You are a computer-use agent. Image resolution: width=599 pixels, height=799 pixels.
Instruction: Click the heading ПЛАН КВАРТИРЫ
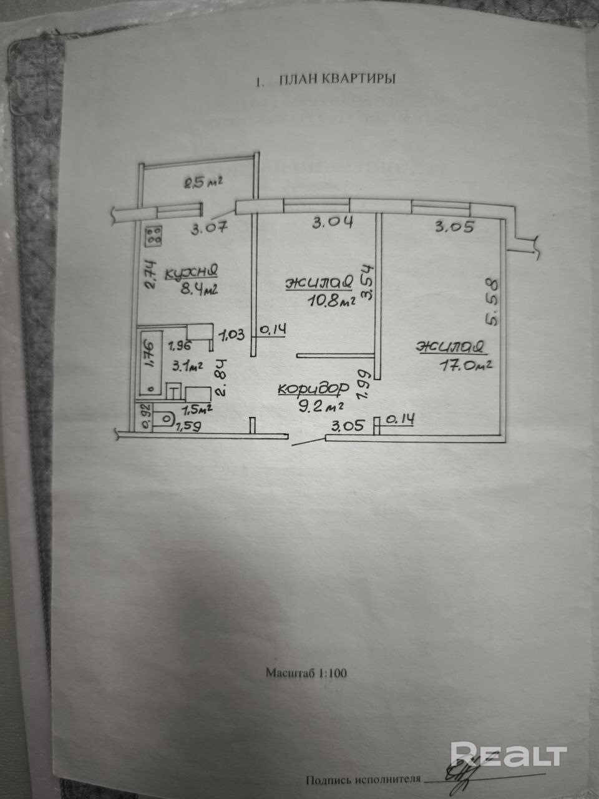pos(337,79)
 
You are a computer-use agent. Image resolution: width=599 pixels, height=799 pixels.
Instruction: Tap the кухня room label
pos(192,272)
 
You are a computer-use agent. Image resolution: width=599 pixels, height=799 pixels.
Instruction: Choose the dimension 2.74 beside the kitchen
pos(150,275)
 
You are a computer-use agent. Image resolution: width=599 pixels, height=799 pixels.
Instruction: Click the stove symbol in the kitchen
pos(154,236)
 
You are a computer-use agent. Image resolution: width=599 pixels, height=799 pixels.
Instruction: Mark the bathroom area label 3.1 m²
pos(188,368)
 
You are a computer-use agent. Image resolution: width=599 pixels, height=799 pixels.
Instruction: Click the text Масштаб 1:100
pos(306,673)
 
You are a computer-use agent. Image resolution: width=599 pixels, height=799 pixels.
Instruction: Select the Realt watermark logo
pos(508,755)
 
